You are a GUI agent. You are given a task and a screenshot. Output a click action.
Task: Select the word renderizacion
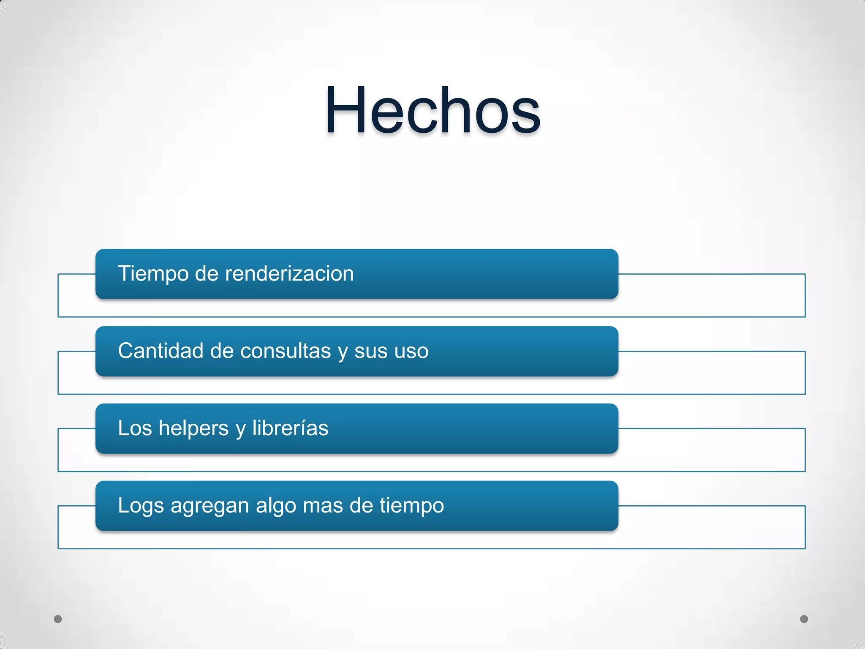pos(289,273)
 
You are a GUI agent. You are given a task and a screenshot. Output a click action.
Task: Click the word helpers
pos(193,428)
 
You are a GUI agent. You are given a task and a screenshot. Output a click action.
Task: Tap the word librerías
pos(290,428)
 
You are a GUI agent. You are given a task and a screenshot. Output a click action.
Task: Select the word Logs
pos(141,506)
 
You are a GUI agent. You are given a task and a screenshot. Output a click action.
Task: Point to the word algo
pos(276,506)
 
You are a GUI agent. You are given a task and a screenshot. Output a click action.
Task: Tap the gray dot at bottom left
pos(58,619)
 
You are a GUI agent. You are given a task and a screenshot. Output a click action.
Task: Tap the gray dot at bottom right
pos(804,619)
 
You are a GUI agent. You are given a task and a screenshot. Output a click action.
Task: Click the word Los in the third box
pos(135,428)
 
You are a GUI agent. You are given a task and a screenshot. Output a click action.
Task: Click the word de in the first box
pos(207,273)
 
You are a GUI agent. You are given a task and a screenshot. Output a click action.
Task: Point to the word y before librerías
pos(240,429)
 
